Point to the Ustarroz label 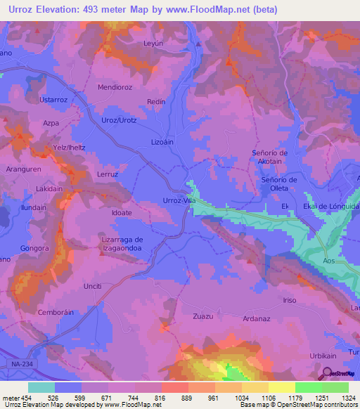coord(54,100)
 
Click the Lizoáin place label coord(162,141)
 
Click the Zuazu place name coord(202,316)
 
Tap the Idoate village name coord(122,212)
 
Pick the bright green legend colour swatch coord(308,387)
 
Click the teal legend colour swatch coord(41,387)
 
